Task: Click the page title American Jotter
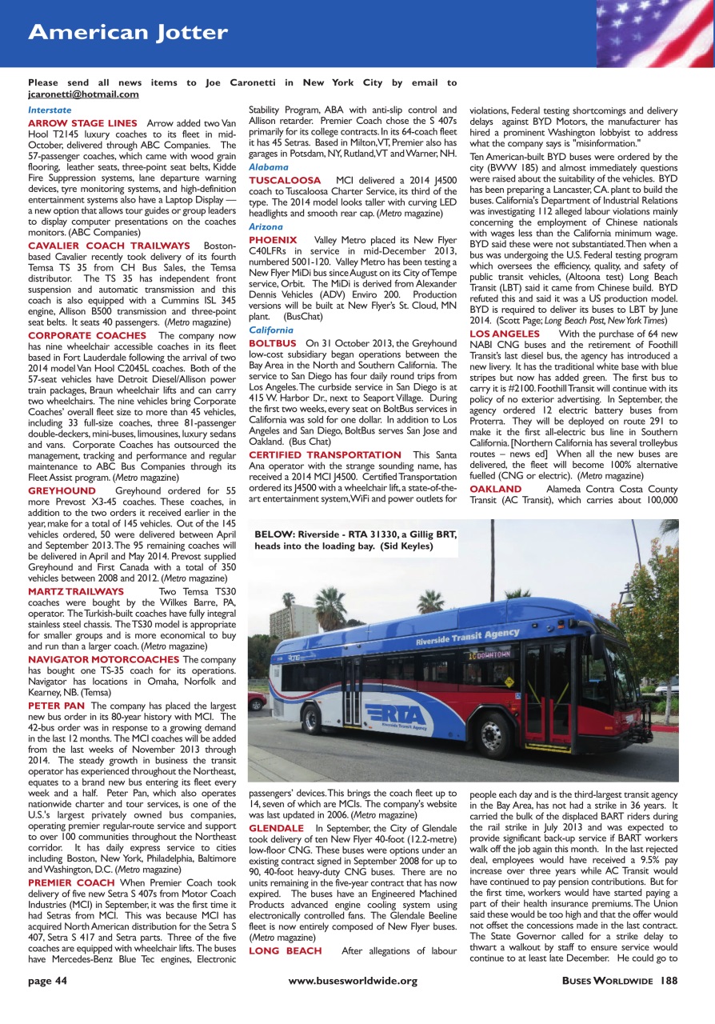[x=128, y=33]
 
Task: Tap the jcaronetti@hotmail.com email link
[x=83, y=94]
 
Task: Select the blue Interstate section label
[x=50, y=110]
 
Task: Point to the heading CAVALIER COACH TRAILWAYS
[x=109, y=246]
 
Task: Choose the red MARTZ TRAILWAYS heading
[x=76, y=591]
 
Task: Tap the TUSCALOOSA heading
[x=285, y=181]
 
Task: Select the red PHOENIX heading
[x=273, y=240]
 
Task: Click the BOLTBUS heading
[x=273, y=343]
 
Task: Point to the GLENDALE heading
[x=276, y=828]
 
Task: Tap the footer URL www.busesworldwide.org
[x=353, y=1002]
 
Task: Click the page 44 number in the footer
[x=47, y=1002]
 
